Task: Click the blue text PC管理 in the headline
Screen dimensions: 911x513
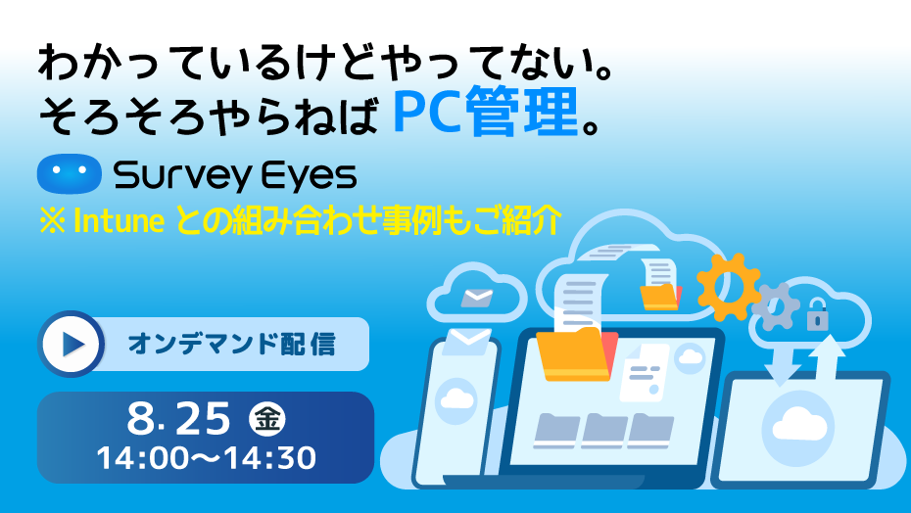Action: tap(486, 111)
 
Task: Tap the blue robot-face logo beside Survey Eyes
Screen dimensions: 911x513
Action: tap(70, 173)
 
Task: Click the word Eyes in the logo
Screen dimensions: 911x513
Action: tap(308, 176)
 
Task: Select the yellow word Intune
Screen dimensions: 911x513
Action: tap(120, 221)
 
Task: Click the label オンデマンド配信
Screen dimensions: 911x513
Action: tap(231, 344)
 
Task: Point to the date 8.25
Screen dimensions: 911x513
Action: tap(179, 418)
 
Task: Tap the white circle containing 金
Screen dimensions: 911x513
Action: tap(267, 419)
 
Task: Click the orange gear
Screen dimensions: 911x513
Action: tap(729, 287)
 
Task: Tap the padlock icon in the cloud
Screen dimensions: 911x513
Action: tap(818, 314)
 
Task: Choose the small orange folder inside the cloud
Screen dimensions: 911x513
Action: tap(660, 297)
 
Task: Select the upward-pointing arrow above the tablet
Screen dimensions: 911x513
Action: tap(827, 358)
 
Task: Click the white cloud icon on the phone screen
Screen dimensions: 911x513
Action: tap(456, 399)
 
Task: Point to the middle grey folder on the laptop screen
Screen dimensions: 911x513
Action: tap(604, 431)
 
